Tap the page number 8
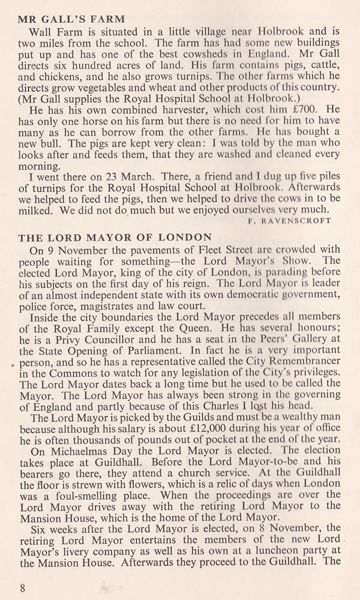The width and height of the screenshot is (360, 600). pos(22,587)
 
